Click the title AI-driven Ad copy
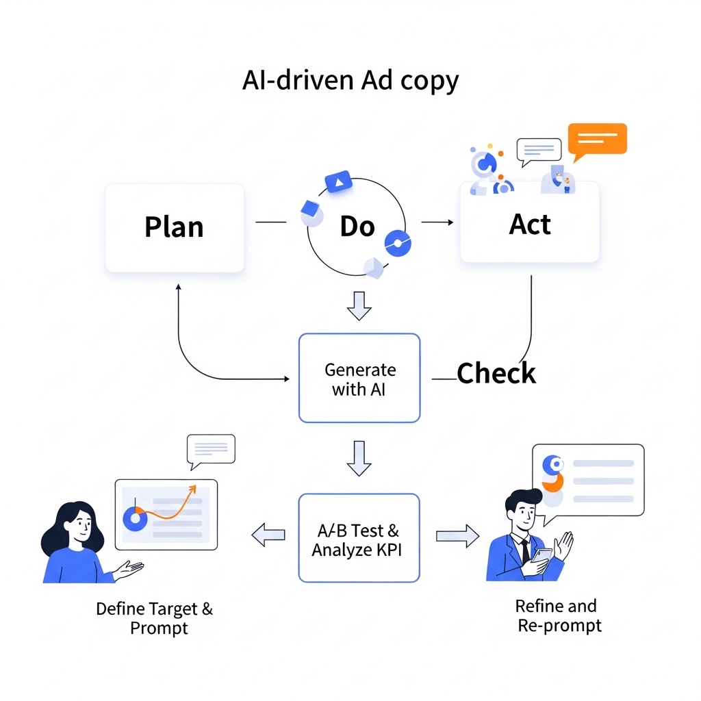(350, 81)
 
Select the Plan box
(175, 227)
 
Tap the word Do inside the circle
(357, 227)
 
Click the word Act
(530, 225)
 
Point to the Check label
(496, 374)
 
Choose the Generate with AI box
(359, 378)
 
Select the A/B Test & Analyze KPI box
(359, 538)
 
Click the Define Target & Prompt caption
(155, 617)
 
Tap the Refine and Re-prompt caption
(558, 615)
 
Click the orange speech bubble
(597, 140)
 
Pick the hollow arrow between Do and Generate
(359, 305)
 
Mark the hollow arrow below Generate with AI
(359, 458)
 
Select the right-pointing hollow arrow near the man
(457, 535)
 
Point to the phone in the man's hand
(541, 556)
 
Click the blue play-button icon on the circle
(338, 181)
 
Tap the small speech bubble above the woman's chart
(210, 450)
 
